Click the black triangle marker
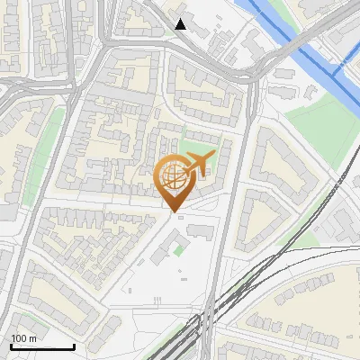181,24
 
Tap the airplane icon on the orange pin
198,164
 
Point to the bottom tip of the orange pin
173,212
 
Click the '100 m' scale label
24,337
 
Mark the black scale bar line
42,346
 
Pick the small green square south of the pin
178,248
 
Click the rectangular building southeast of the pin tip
201,231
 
